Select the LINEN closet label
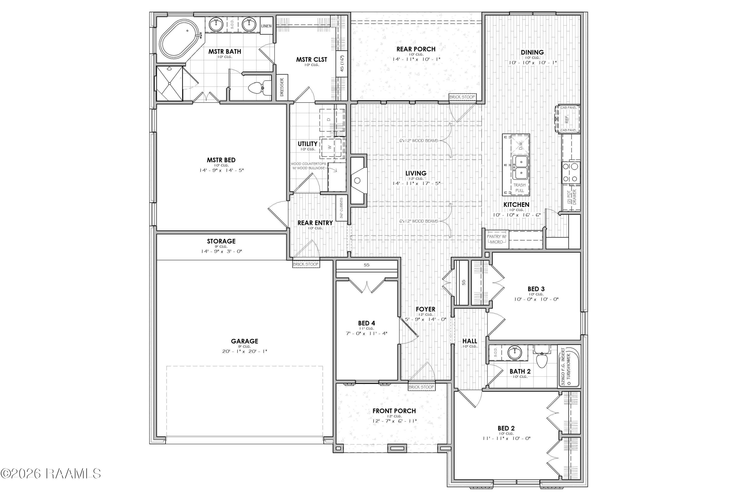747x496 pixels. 266,26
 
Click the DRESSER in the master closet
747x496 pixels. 282,87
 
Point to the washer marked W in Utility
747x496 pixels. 332,147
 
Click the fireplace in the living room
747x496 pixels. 359,180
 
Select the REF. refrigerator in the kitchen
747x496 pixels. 567,119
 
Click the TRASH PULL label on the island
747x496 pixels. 519,188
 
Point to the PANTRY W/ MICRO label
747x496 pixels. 497,239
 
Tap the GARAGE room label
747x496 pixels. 245,341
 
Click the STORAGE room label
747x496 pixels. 221,241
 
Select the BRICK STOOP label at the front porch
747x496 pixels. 421,387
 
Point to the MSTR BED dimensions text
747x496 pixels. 221,170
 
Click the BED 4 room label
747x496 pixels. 367,323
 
